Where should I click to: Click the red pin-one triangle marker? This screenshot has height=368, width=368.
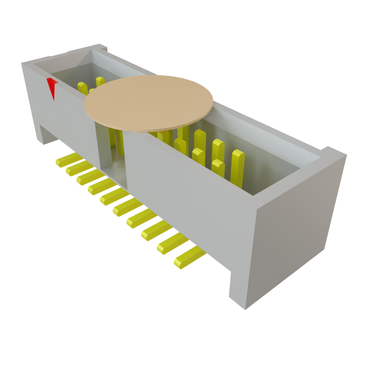[x=53, y=87]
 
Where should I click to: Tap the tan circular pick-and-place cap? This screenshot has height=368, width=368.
[x=148, y=102]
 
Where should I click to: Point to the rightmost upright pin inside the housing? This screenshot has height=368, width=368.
[x=237, y=167]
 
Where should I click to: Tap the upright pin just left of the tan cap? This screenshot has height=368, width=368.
[x=82, y=88]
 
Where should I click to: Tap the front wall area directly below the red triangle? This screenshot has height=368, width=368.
[x=61, y=115]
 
